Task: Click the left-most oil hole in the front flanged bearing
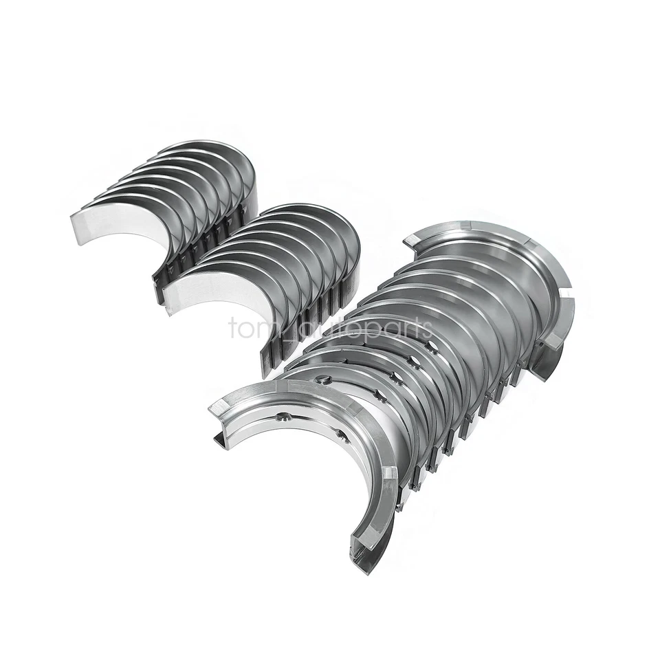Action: [283, 415]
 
